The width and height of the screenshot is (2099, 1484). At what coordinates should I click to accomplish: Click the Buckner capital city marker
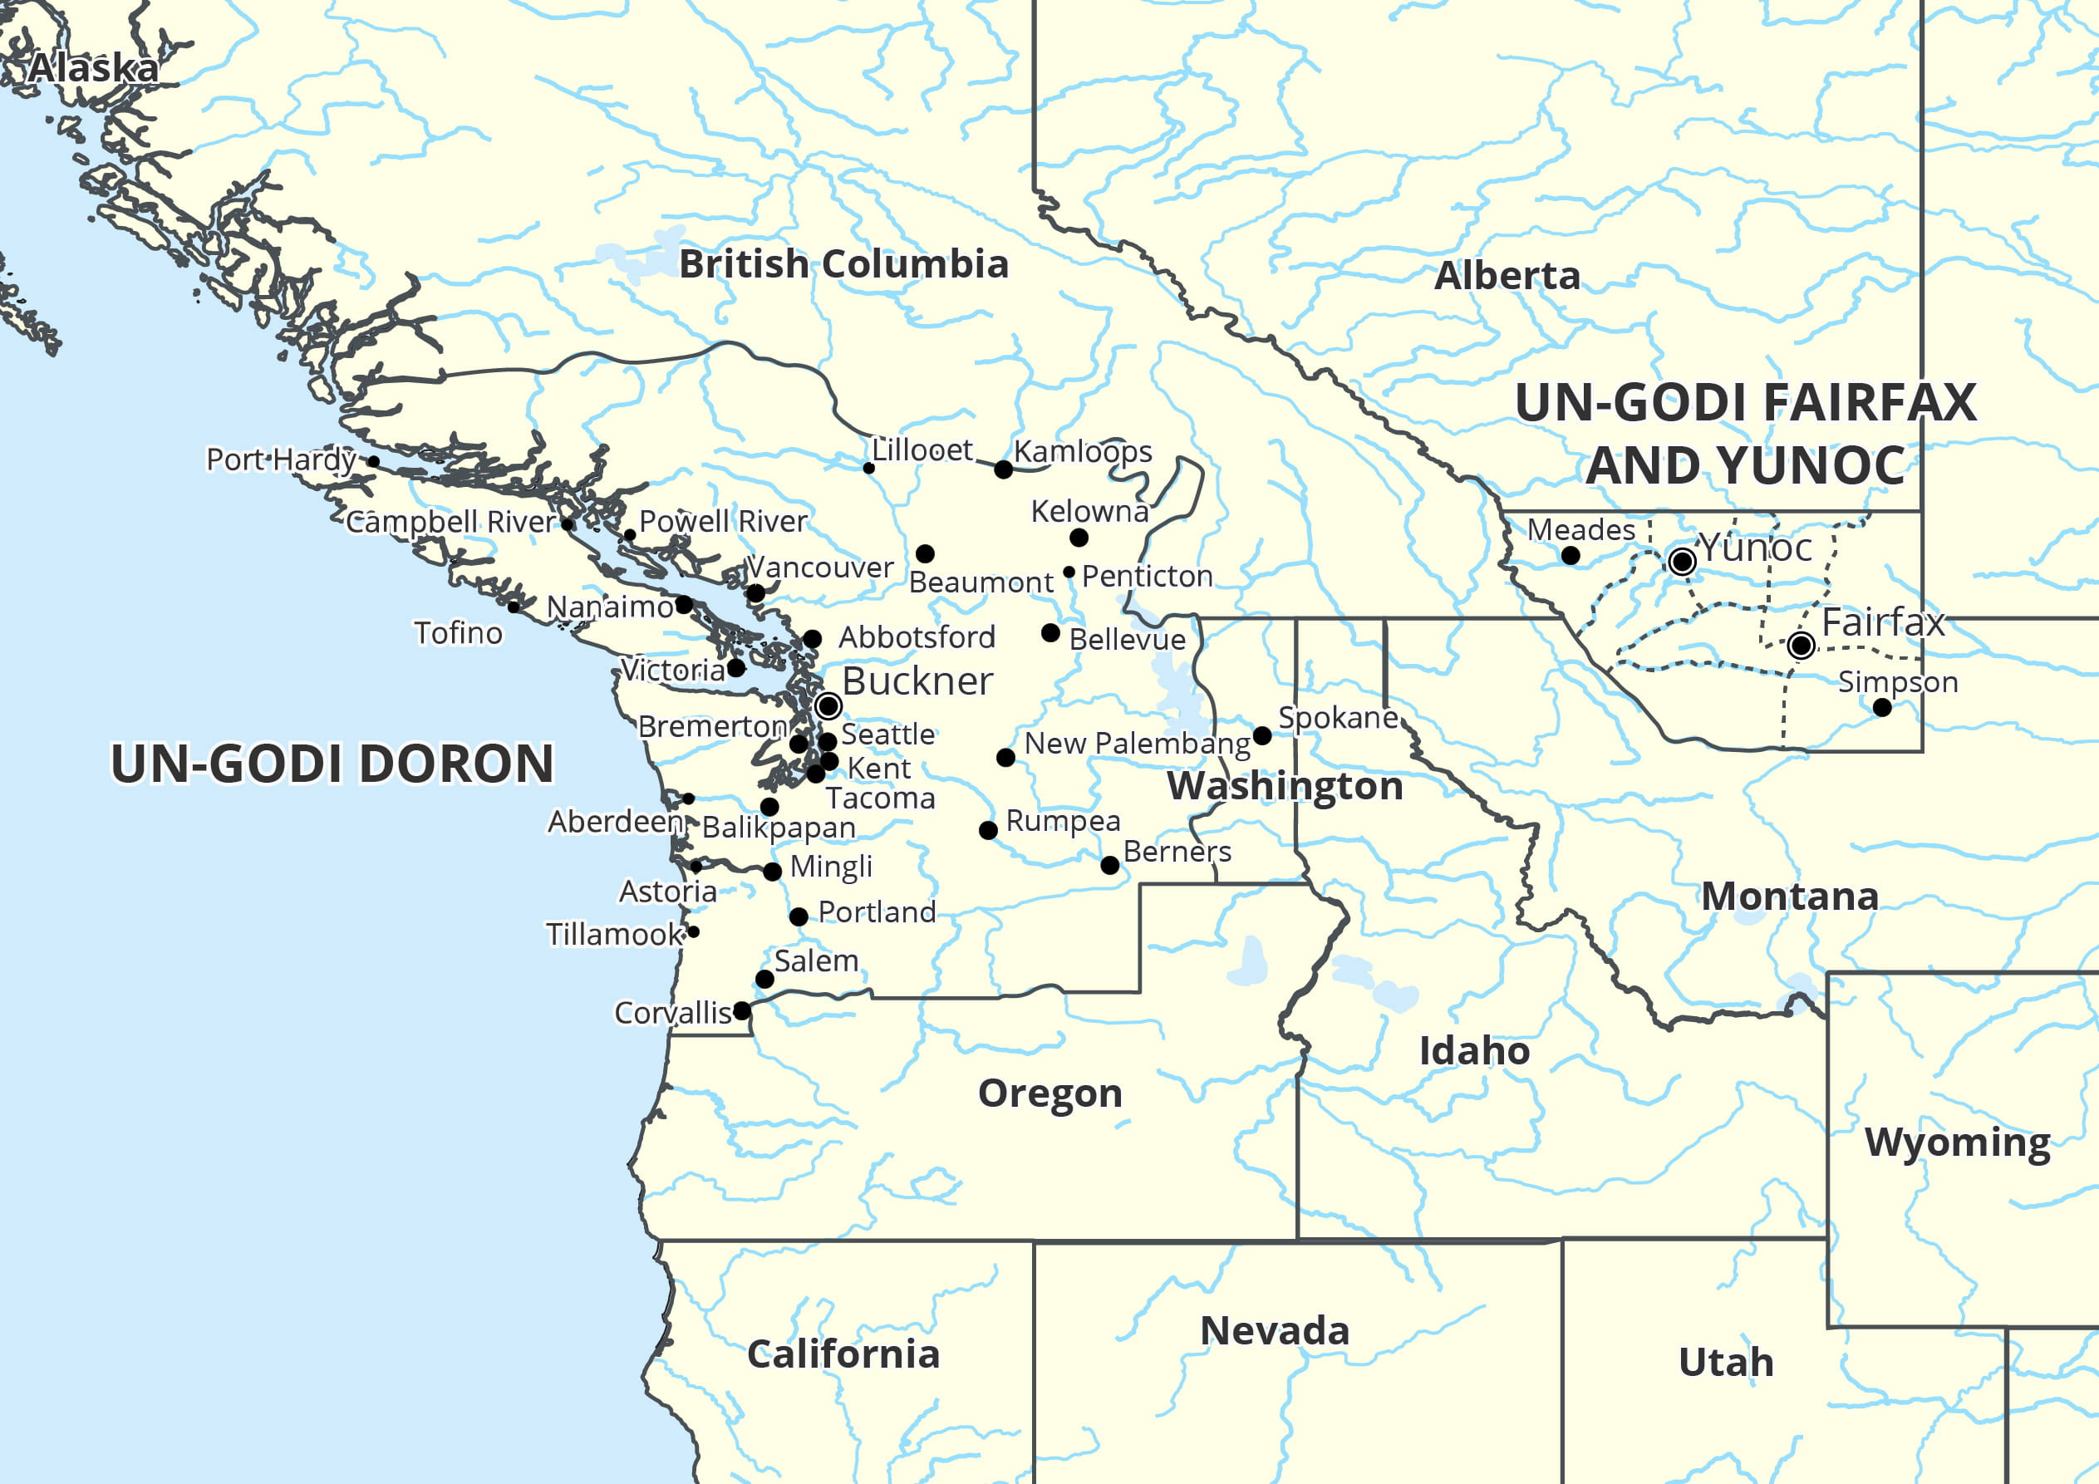pyautogui.click(x=828, y=706)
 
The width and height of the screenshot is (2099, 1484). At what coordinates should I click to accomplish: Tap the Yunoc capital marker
pyautogui.click(x=1681, y=562)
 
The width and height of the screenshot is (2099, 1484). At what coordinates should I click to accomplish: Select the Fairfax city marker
pyautogui.click(x=1801, y=646)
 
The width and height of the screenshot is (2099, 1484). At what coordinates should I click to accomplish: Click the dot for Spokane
pyautogui.click(x=1262, y=735)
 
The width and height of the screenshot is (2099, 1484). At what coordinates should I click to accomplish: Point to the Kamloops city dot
pyautogui.click(x=1003, y=469)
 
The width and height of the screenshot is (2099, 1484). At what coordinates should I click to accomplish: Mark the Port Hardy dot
pyautogui.click(x=373, y=462)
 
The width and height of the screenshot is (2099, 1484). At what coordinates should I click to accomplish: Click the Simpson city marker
pyautogui.click(x=1881, y=707)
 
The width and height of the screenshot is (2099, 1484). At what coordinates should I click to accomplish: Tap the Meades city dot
pyautogui.click(x=1571, y=555)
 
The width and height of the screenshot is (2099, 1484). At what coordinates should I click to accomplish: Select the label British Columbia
pyautogui.click(x=843, y=264)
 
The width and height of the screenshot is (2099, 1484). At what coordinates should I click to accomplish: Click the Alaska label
pyautogui.click(x=93, y=69)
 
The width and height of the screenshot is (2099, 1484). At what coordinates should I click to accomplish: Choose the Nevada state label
pyautogui.click(x=1275, y=1330)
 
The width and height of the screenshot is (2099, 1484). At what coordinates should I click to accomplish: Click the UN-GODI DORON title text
pyautogui.click(x=332, y=764)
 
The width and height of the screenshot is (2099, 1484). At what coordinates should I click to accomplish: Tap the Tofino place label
pyautogui.click(x=458, y=632)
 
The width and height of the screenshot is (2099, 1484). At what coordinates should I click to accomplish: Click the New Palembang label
pyautogui.click(x=1137, y=744)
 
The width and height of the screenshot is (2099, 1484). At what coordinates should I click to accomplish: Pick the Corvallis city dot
pyautogui.click(x=742, y=1010)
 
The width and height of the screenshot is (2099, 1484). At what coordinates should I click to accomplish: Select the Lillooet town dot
pyautogui.click(x=868, y=468)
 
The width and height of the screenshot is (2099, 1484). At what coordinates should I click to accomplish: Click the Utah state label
pyautogui.click(x=1726, y=1363)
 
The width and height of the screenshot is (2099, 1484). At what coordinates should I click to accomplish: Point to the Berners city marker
pyautogui.click(x=1110, y=865)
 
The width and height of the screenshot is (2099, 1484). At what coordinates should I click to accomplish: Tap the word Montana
pyautogui.click(x=1789, y=896)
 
